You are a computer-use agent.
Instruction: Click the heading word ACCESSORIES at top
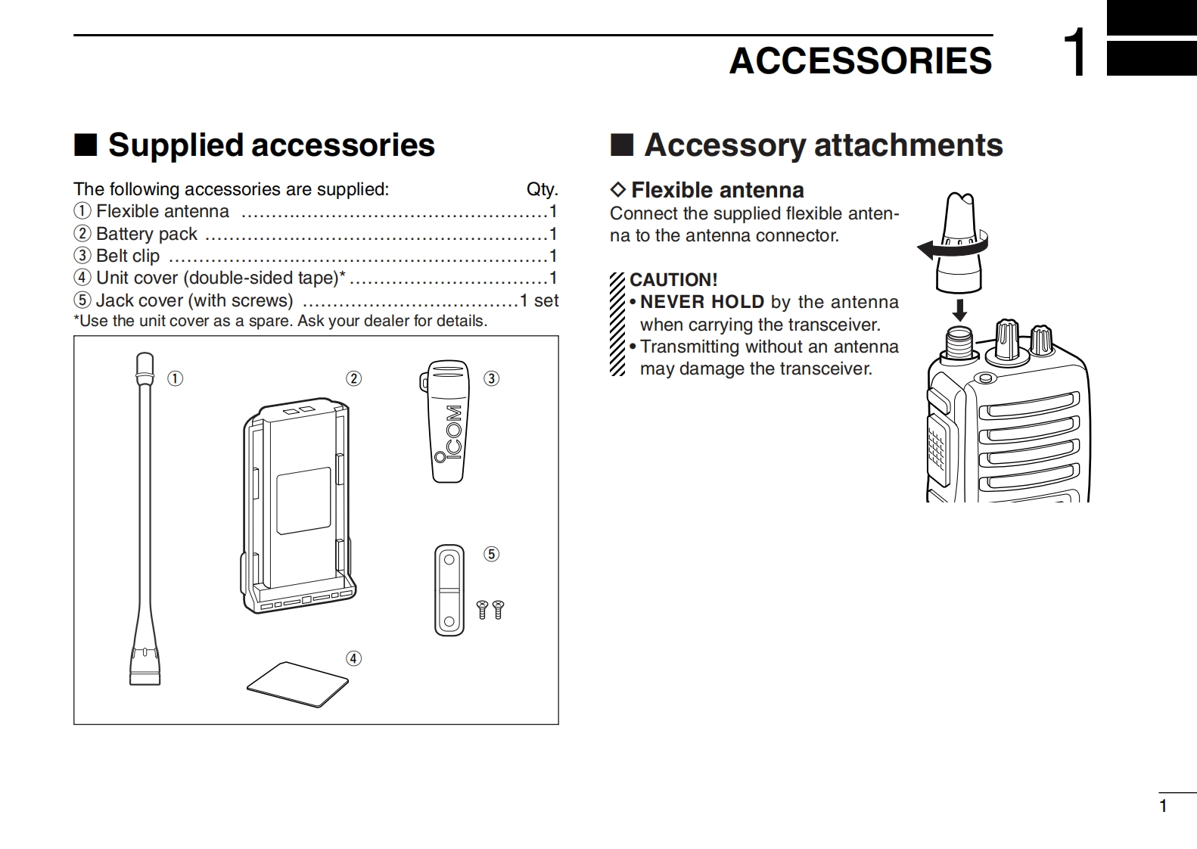[860, 61]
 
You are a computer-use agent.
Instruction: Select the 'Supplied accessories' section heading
[271, 145]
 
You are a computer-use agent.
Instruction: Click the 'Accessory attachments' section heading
[823, 145]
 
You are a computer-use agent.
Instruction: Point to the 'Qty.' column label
[542, 189]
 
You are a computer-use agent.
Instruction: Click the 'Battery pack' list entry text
[146, 234]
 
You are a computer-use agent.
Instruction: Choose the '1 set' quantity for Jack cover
[539, 300]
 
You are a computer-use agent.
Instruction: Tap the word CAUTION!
[673, 280]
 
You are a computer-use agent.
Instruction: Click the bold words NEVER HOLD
[702, 302]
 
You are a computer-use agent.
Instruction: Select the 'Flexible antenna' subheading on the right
[717, 190]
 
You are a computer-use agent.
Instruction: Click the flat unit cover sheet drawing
[297, 684]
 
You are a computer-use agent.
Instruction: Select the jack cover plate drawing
[449, 590]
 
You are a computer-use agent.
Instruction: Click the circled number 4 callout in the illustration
[353, 658]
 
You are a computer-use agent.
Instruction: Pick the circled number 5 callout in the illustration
[492, 554]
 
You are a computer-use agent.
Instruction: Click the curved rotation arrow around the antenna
[950, 247]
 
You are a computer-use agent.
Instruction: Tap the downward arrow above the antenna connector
[959, 309]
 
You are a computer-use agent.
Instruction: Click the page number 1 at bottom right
[1164, 806]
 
